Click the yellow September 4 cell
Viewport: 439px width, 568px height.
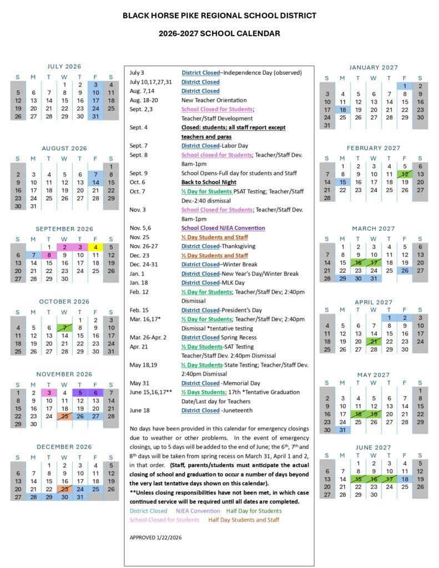point(95,247)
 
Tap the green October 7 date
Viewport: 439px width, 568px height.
point(64,328)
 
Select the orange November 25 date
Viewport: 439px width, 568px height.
point(64,416)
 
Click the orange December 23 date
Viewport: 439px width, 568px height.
point(64,489)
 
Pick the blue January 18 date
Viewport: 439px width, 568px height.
point(342,110)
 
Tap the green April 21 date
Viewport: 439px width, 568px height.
point(374,342)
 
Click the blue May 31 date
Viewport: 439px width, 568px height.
point(342,429)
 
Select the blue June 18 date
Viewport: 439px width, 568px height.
point(405,479)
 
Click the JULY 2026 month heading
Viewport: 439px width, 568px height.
point(64,66)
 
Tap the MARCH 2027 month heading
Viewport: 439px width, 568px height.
point(373,229)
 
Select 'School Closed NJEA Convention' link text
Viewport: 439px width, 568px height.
point(223,228)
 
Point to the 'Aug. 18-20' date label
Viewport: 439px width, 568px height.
point(144,100)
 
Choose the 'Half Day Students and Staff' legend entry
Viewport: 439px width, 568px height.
point(244,520)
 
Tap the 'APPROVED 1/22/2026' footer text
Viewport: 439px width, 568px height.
point(155,537)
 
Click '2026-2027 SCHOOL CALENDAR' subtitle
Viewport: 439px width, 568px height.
point(219,34)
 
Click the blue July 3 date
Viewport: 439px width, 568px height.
point(95,85)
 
